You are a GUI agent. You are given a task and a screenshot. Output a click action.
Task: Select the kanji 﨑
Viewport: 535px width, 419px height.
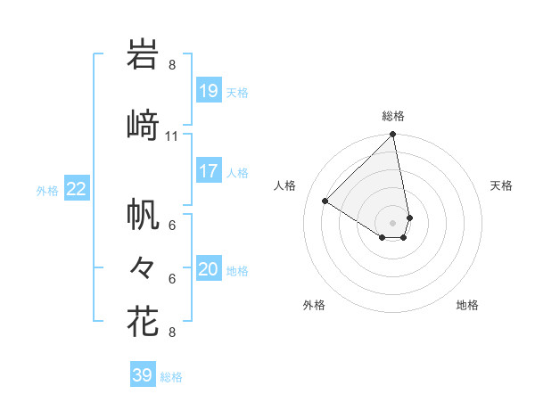click(143, 125)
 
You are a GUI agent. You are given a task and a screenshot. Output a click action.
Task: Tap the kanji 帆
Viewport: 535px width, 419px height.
click(143, 213)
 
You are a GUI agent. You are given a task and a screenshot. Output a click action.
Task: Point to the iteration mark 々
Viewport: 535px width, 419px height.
click(143, 267)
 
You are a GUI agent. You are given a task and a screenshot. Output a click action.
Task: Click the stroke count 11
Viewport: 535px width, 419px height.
click(172, 136)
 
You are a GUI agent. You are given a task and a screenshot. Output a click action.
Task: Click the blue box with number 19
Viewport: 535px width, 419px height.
click(208, 91)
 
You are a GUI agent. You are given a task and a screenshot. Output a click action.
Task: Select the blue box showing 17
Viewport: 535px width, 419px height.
click(208, 171)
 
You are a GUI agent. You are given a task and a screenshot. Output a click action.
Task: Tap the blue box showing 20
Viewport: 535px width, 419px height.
click(208, 269)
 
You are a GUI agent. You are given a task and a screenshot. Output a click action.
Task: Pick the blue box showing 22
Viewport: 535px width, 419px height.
click(77, 188)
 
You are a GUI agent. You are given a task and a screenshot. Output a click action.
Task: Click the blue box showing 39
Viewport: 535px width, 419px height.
click(143, 375)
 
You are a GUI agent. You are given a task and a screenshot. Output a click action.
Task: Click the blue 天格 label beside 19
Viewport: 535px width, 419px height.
click(237, 93)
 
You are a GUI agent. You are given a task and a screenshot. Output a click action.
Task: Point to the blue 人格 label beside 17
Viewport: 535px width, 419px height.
click(237, 173)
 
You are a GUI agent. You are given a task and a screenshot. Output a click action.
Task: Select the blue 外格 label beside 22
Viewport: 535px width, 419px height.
click(47, 190)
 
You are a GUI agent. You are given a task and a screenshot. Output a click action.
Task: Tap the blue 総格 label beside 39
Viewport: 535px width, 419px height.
click(172, 377)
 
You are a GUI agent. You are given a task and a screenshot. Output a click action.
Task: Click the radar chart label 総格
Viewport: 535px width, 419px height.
click(393, 116)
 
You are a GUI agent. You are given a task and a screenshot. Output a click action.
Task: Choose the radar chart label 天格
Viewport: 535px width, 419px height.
click(501, 185)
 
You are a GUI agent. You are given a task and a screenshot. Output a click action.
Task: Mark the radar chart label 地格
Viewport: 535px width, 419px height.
click(467, 305)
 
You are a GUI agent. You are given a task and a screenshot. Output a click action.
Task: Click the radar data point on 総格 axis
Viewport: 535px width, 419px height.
click(393, 136)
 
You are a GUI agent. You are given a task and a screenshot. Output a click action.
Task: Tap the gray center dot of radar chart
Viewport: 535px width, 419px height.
click(393, 222)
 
